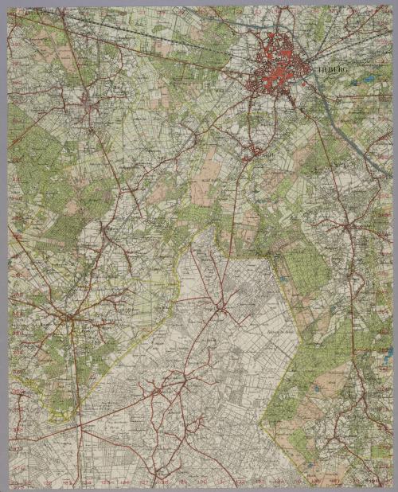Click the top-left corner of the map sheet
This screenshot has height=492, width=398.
(9, 7)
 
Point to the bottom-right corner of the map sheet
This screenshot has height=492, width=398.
(391, 485)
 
